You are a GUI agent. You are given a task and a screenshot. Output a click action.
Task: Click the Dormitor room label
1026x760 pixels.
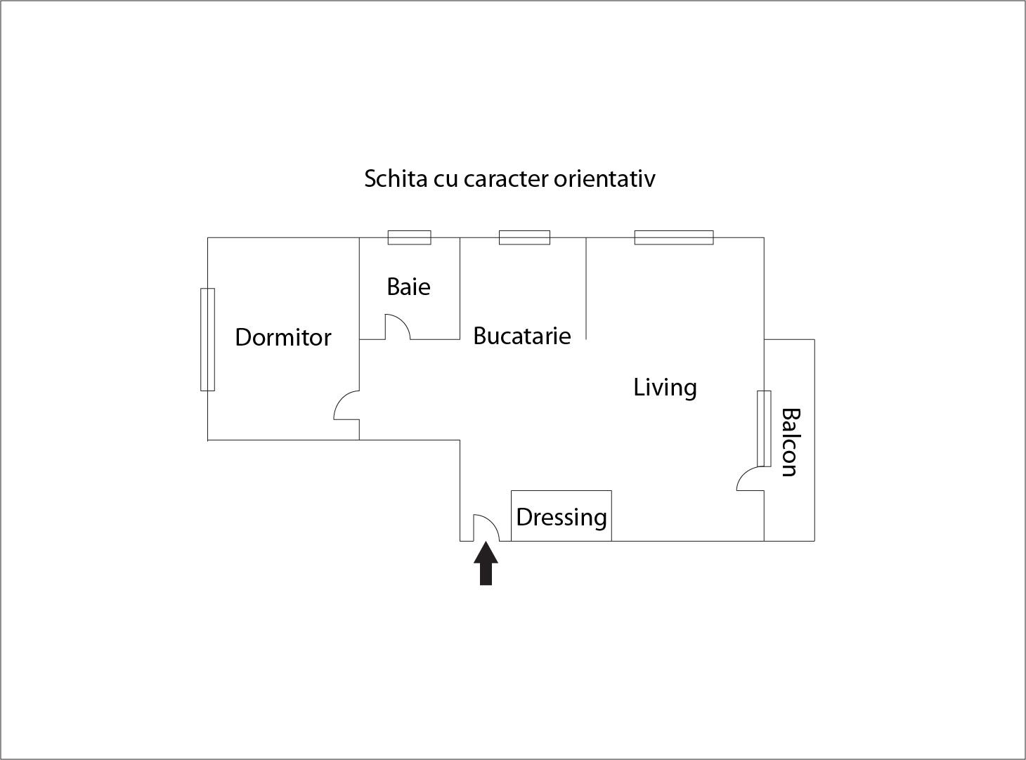tap(283, 337)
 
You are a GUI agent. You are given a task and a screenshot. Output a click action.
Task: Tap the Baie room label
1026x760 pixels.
tap(408, 287)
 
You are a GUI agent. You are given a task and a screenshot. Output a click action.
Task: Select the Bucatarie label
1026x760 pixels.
tap(521, 336)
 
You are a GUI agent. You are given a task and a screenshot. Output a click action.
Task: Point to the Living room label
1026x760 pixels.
tap(665, 387)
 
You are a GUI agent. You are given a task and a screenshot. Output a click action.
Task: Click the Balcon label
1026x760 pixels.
tap(790, 443)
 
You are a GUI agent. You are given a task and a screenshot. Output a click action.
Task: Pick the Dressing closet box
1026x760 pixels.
tap(561, 516)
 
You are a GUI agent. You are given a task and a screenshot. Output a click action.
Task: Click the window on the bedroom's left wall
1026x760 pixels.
tap(207, 339)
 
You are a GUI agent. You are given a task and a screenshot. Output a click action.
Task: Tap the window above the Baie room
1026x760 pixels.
tap(409, 237)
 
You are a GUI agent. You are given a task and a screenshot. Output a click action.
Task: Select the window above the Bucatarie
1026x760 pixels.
tap(524, 237)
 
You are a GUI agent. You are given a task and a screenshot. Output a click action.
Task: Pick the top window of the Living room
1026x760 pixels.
tap(674, 237)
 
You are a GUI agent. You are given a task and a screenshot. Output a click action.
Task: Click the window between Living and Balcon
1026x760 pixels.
tap(764, 428)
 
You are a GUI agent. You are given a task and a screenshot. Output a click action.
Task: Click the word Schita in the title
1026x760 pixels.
tap(386, 178)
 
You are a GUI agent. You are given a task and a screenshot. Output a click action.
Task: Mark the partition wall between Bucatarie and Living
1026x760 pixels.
tap(586, 288)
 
